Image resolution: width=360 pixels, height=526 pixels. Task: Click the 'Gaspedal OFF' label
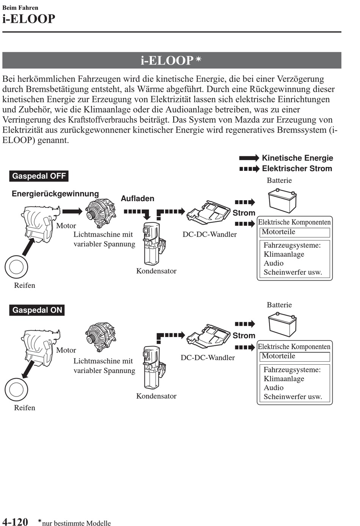(39, 176)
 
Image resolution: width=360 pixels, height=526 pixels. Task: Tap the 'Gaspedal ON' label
(37, 310)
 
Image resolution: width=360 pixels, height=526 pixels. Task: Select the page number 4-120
(15, 522)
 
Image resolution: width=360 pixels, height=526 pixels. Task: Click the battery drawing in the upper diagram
(282, 201)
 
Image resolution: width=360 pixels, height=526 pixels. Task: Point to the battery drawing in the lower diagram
(282, 325)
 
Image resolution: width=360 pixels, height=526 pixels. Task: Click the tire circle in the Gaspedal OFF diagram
(16, 267)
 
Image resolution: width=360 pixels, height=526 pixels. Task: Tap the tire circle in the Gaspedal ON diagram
(16, 389)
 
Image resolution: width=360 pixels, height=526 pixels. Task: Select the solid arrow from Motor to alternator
(72, 211)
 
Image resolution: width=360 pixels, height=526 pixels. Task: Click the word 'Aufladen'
(137, 198)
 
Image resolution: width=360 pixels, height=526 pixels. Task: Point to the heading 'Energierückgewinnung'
(55, 194)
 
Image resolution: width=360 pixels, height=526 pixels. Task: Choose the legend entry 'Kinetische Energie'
(297, 158)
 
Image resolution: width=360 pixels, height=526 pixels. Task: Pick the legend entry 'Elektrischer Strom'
(297, 169)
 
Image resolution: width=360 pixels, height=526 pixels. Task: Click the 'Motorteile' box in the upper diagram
(294, 232)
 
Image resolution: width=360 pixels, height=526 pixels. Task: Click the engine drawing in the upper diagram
(40, 223)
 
